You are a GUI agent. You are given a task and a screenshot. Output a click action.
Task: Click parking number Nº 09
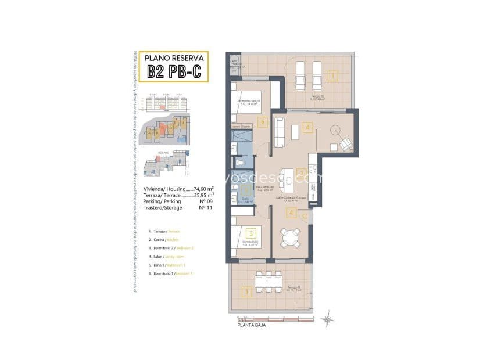203,201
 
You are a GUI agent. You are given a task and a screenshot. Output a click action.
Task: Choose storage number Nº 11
203,207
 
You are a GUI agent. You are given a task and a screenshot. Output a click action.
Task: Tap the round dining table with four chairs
290,237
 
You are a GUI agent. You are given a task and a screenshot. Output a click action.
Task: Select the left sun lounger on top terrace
300,74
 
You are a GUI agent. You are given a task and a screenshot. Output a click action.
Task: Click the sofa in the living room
278,132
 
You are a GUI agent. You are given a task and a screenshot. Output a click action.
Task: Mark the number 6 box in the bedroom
263,122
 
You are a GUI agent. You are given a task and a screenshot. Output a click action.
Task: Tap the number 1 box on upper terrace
332,75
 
